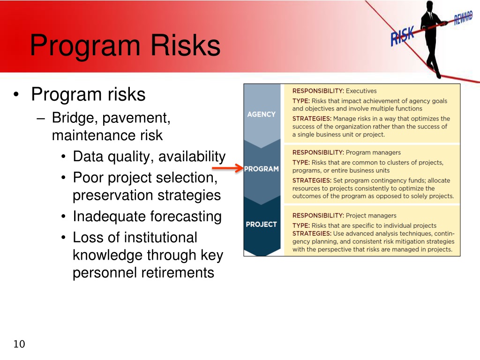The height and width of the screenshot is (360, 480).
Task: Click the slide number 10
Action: click(x=19, y=344)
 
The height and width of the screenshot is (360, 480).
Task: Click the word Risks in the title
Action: click(x=186, y=45)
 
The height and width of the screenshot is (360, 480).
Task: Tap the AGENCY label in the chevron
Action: click(x=262, y=114)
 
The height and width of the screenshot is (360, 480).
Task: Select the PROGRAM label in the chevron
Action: click(x=262, y=169)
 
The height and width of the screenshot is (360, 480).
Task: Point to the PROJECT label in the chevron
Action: click(x=262, y=225)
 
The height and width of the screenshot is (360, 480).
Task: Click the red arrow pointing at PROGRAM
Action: click(x=227, y=168)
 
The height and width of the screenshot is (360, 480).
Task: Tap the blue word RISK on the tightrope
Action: click(x=402, y=36)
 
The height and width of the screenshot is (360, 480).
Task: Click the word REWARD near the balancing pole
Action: click(x=463, y=17)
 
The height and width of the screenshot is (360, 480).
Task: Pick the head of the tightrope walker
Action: click(x=430, y=6)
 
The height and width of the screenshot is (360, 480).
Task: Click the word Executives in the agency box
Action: click(x=361, y=91)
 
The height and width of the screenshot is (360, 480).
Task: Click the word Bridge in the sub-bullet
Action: click(x=73, y=118)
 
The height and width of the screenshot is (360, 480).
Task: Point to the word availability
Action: click(x=192, y=157)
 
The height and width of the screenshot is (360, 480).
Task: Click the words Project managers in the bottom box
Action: click(x=371, y=216)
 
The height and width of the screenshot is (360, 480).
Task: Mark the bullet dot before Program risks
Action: click(x=16, y=94)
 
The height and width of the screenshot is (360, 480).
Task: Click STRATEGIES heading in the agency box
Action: click(x=312, y=119)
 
